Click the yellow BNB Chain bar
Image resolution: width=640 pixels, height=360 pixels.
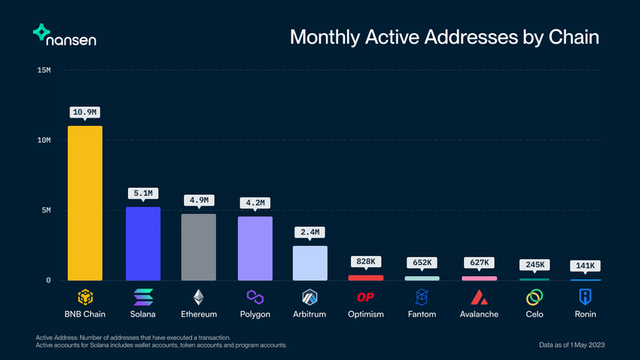(85, 203)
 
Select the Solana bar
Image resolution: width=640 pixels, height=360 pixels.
(142, 244)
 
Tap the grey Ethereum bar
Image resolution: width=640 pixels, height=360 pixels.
(199, 247)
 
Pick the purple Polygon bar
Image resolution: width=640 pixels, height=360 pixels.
(255, 249)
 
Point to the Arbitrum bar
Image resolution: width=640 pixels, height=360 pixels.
(310, 264)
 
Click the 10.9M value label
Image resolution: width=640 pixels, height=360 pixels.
(85, 112)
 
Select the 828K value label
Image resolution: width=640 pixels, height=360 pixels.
(367, 261)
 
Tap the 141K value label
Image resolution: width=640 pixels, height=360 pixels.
(586, 265)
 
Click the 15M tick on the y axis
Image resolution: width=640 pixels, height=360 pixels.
(44, 71)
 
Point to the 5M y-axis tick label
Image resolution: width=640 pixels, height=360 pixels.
(46, 211)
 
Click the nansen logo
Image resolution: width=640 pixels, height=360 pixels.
(64, 35)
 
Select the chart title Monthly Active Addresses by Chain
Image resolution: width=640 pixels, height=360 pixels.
(444, 37)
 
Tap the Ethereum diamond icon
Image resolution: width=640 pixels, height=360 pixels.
(199, 297)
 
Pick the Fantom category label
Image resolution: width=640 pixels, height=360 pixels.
(422, 314)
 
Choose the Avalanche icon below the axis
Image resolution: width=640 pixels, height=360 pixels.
(479, 297)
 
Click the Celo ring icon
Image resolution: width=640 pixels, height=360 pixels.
(535, 297)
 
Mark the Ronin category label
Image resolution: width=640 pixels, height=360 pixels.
(585, 314)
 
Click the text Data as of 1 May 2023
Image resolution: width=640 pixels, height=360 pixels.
(572, 344)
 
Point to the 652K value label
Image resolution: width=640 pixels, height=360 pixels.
(422, 262)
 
